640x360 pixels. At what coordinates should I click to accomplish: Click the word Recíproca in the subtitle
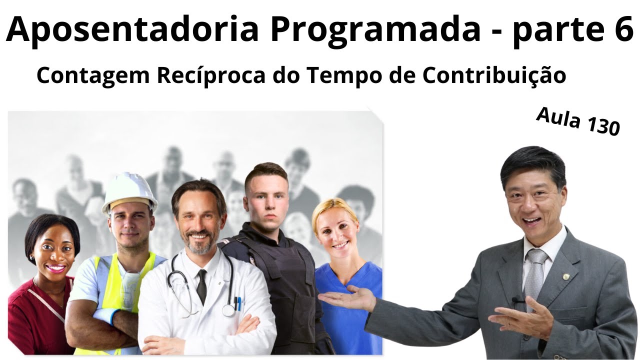211,75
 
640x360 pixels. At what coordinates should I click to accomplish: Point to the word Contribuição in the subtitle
494,75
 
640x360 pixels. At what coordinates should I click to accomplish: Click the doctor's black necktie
201,286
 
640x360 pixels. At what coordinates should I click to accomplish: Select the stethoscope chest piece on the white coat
228,310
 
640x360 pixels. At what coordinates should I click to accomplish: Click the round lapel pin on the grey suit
566,277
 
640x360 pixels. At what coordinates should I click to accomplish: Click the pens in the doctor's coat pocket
237,303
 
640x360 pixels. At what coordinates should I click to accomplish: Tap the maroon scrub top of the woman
34,317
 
